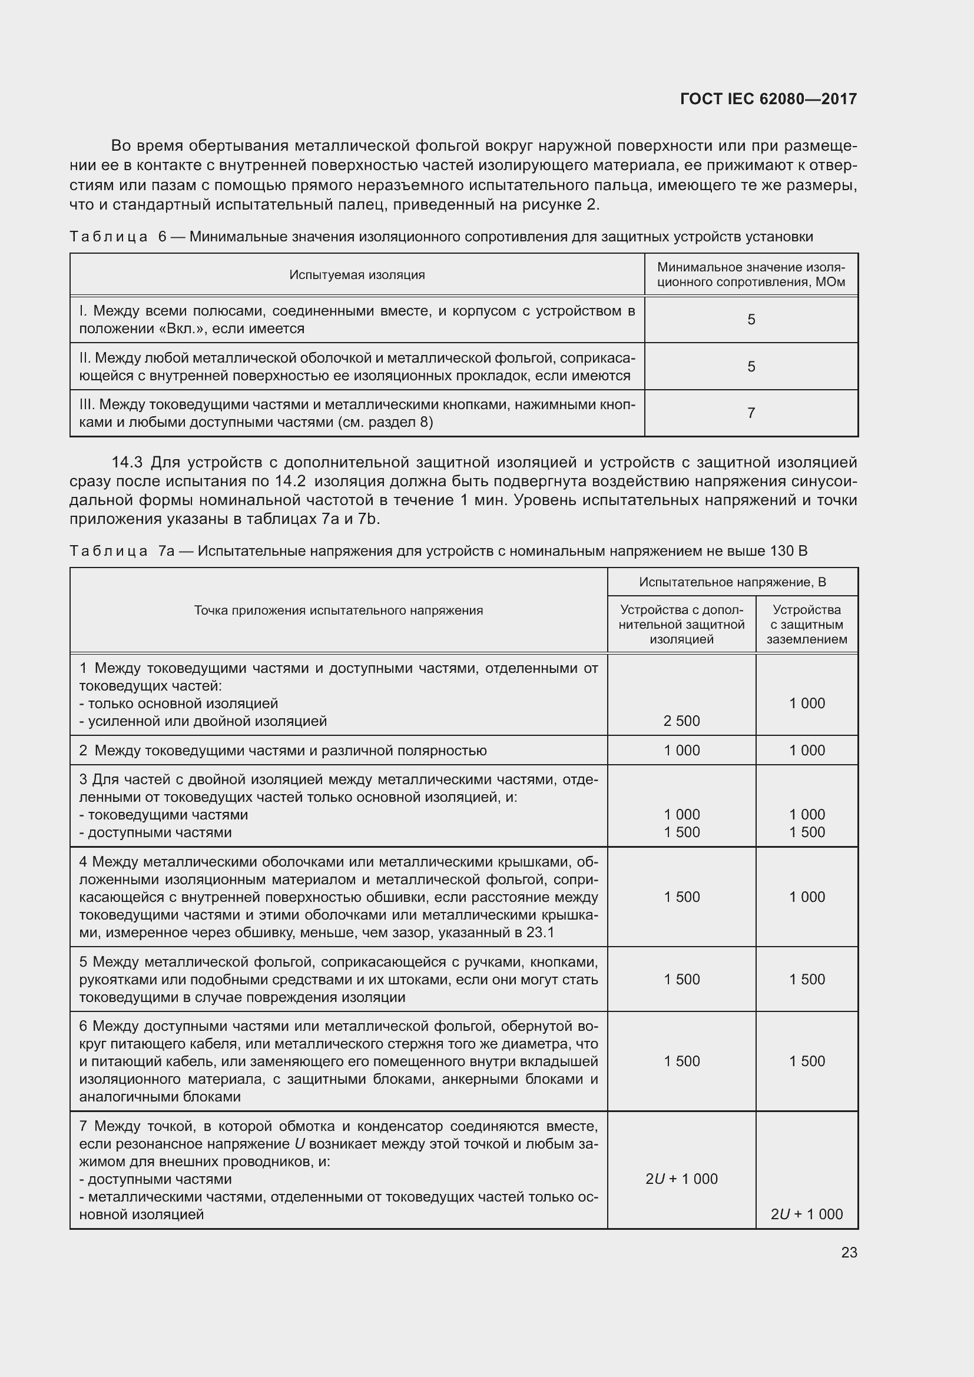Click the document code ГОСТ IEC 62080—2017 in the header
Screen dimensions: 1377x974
(768, 99)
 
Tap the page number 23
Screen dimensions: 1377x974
(849, 1252)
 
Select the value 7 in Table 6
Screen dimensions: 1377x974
(751, 413)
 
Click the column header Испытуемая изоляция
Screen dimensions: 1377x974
(357, 275)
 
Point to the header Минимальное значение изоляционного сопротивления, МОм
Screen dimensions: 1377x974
(751, 275)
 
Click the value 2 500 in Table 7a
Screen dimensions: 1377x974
(681, 721)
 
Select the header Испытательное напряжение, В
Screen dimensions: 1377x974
(733, 582)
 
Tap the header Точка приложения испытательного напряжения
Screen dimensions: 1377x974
(338, 610)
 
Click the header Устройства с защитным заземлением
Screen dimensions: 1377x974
(807, 624)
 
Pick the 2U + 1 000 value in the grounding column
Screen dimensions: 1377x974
(807, 1214)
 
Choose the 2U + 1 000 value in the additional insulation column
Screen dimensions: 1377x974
(681, 1179)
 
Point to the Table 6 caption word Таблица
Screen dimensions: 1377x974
(108, 237)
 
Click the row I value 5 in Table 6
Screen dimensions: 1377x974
(751, 320)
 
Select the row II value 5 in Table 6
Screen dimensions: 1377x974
(751, 366)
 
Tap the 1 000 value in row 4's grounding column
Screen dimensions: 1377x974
(807, 897)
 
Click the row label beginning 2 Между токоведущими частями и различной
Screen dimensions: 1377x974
(283, 750)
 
